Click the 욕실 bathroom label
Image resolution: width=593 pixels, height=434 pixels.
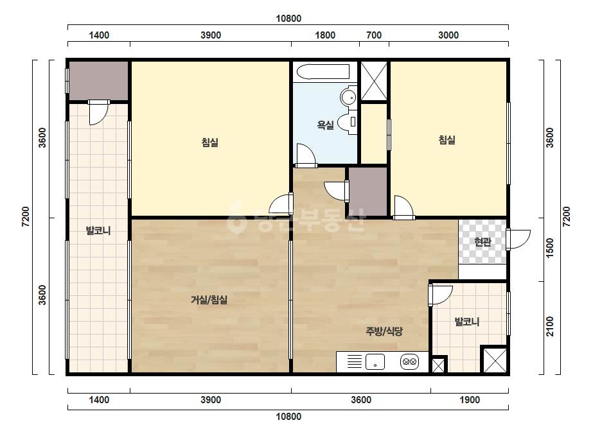tap(325, 125)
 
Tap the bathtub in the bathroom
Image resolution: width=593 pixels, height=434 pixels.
tap(323, 71)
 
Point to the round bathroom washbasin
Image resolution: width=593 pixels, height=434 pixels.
tap(348, 97)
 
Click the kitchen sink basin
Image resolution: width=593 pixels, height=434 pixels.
tap(375, 362)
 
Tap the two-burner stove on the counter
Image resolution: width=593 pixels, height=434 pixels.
tap(410, 362)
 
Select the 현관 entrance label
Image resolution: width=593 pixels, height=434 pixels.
tap(482, 242)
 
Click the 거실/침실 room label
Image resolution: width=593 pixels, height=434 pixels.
tap(209, 300)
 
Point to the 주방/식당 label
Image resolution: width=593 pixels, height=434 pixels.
tap(384, 331)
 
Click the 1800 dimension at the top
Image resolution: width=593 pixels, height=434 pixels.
tap(325, 35)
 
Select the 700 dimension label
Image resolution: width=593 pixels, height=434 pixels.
tap(374, 35)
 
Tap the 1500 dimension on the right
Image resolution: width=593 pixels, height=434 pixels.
tap(550, 248)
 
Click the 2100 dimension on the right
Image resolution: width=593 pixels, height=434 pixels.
tap(550, 327)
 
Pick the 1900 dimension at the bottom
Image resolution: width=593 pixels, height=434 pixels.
tap(470, 400)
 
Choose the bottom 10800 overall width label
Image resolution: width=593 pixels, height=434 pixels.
tap(288, 417)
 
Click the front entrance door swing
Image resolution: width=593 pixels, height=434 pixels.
tap(519, 239)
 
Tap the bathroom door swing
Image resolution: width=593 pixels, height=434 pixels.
tap(306, 155)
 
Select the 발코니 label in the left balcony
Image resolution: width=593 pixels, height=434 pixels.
tap(98, 230)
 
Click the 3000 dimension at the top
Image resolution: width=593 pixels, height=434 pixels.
tap(448, 35)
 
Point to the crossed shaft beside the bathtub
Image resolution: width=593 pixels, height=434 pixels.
tap(374, 82)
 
